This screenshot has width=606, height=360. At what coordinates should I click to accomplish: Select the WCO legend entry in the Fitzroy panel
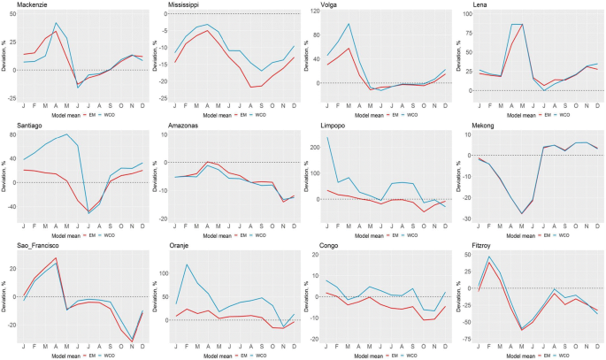[561, 356]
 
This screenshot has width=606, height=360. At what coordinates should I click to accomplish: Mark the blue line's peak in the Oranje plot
[187, 264]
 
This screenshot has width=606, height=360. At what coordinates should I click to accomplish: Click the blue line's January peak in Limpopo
[327, 138]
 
